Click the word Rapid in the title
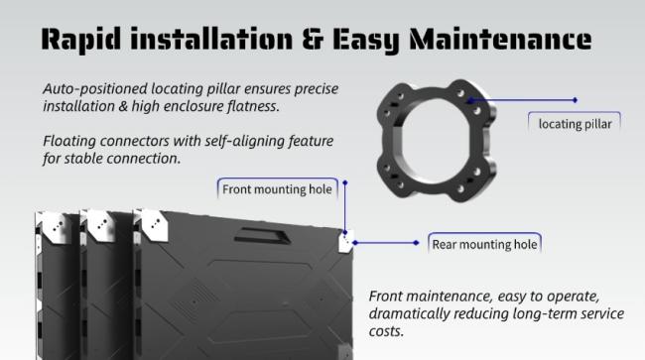[x=81, y=40]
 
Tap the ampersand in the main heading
[x=313, y=40]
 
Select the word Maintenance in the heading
[x=500, y=40]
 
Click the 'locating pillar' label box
[x=575, y=123]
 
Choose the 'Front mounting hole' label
[x=277, y=189]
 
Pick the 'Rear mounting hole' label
[x=484, y=244]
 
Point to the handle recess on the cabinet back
[x=262, y=235]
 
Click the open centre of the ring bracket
[x=434, y=141]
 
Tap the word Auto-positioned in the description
[x=95, y=89]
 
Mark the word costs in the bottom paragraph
[x=386, y=331]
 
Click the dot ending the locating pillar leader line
[x=576, y=100]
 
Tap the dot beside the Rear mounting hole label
[x=417, y=243]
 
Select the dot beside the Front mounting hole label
[x=345, y=182]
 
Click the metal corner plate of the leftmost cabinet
[x=55, y=225]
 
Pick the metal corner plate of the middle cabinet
[x=100, y=225]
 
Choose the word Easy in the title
[x=365, y=40]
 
